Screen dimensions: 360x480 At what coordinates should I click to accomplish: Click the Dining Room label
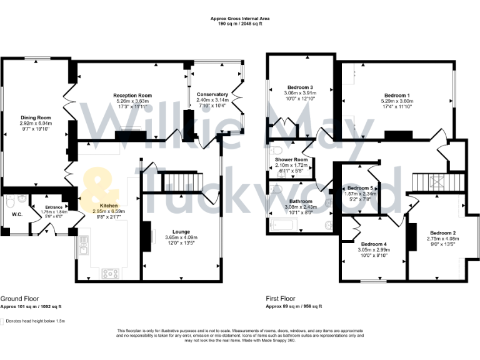[36, 117]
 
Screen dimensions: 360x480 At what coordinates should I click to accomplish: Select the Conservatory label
[212, 94]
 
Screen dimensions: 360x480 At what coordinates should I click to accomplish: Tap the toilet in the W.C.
[10, 202]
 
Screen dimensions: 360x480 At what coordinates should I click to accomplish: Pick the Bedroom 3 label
[300, 87]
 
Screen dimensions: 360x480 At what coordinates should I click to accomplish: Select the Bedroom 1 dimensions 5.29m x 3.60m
[396, 100]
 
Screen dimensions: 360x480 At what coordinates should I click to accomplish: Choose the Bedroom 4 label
[374, 244]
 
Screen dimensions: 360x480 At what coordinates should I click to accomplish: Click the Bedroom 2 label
[441, 233]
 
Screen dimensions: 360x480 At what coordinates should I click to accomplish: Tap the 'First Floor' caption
[281, 299]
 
